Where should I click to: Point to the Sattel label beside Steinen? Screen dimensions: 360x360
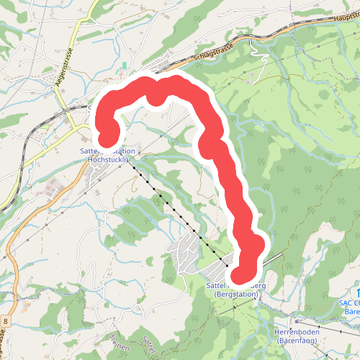[x=148, y=344]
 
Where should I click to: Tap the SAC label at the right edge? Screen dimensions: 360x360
[x=348, y=303]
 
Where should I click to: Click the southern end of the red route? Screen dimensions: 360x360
[x=243, y=272]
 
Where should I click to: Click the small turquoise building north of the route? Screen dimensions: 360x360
[x=124, y=66]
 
